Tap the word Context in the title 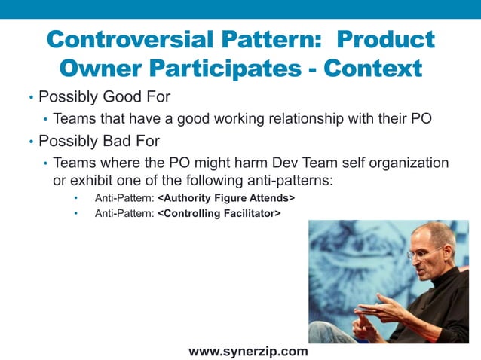click(372, 69)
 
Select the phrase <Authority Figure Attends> click(226, 197)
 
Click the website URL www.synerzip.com click(248, 351)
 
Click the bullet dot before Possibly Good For click(31, 98)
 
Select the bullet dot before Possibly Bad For click(31, 141)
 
